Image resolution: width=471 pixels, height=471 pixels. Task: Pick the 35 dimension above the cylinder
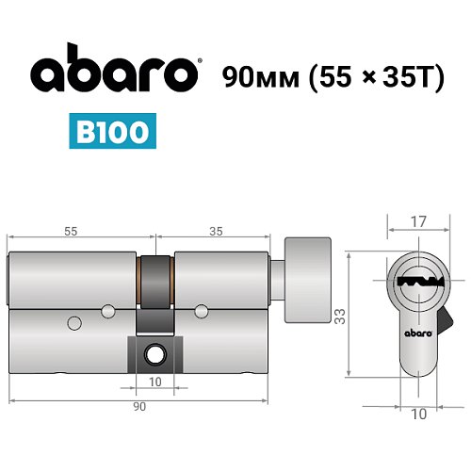tap(216, 229)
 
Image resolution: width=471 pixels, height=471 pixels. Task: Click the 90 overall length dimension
tap(138, 406)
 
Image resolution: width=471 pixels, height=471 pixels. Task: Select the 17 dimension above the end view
tap(419, 223)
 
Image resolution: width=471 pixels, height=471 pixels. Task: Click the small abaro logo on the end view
tap(419, 331)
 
